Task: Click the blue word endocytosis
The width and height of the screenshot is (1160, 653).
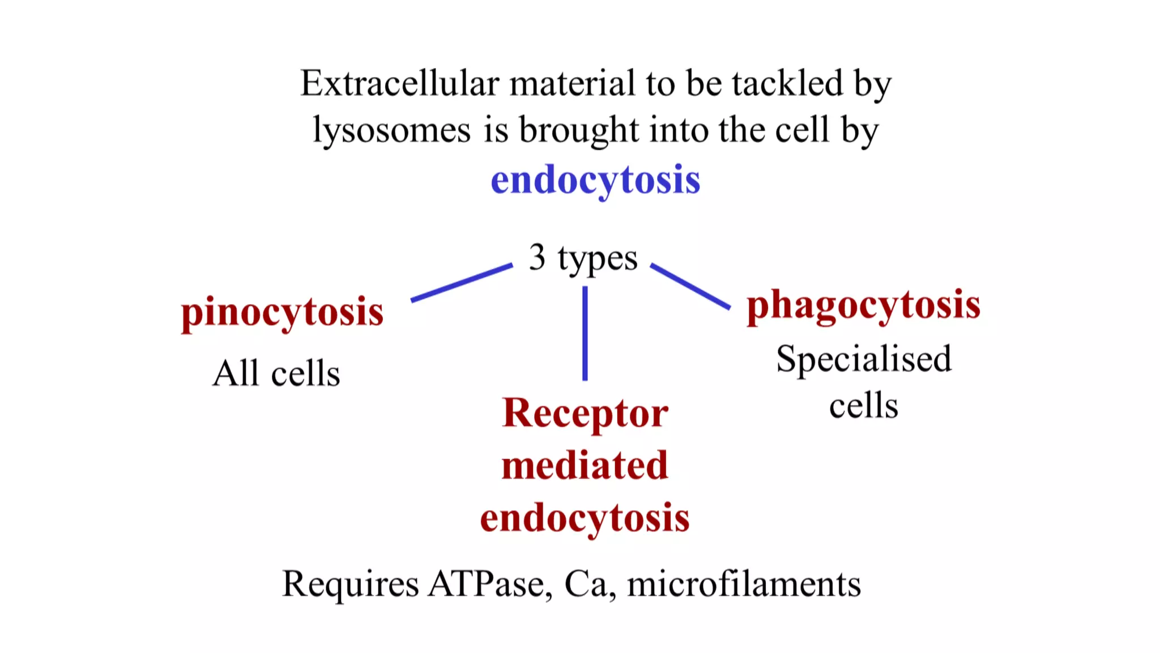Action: pos(595,180)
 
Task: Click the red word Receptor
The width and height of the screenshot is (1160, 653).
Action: pos(585,414)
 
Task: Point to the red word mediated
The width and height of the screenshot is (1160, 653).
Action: pos(585,466)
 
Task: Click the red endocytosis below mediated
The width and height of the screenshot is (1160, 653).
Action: pos(585,518)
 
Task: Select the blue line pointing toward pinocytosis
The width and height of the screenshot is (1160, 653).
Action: pos(461,282)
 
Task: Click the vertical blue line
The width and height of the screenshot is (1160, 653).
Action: pos(585,333)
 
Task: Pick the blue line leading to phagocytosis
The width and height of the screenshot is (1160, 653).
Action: pos(690,286)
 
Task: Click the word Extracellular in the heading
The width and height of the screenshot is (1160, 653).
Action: pos(399,83)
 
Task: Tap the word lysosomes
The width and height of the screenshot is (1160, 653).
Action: pos(392,130)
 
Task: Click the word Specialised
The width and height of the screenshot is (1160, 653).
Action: pos(863,359)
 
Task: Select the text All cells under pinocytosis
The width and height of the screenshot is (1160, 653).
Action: pos(276,374)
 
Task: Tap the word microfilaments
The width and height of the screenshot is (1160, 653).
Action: pos(744,584)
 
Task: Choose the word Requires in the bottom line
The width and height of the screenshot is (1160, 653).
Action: pos(351,584)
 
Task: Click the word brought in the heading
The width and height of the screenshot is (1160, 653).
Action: pos(579,130)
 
